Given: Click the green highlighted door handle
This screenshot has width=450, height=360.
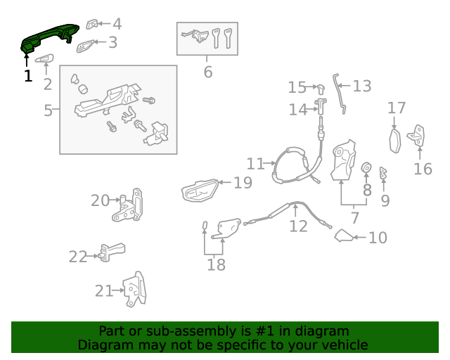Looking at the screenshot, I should [x=48, y=37].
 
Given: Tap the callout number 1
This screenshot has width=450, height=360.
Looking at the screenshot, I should [x=28, y=76].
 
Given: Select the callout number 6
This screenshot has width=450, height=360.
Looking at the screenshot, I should [x=207, y=72].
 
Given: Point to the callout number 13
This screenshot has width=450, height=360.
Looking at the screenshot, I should [x=361, y=86].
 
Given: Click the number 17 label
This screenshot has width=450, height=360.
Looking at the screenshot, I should [x=397, y=108].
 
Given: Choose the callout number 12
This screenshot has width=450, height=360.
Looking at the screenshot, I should [x=298, y=226].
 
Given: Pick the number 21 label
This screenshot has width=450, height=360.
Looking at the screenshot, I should [x=103, y=290].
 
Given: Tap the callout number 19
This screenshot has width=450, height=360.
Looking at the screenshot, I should [x=243, y=183].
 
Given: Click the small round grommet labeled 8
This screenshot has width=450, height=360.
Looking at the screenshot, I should [x=366, y=168].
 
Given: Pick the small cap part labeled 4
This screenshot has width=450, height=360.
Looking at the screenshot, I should [x=92, y=24].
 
